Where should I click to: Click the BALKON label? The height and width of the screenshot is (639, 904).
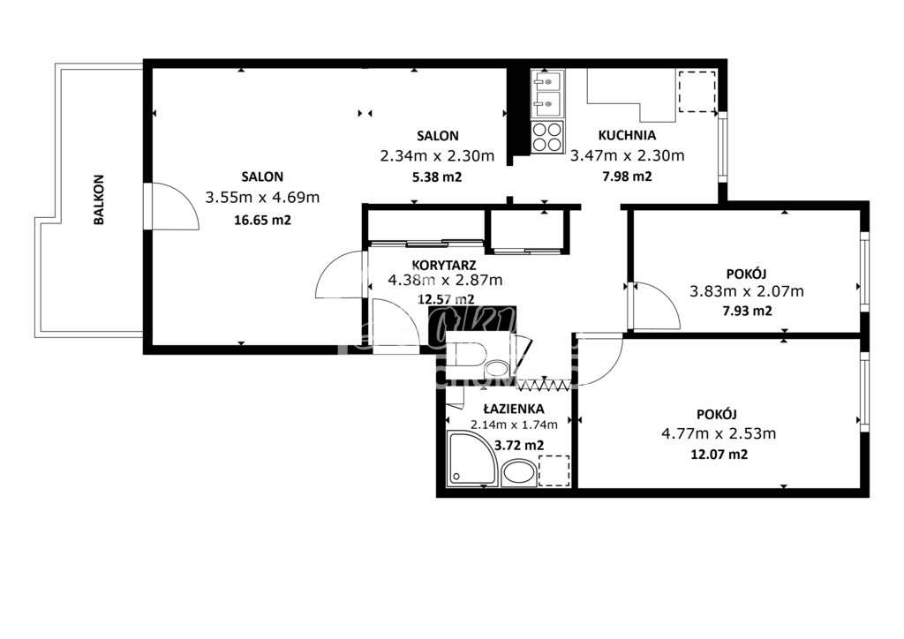100,199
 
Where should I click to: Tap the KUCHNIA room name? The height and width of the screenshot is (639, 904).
627,136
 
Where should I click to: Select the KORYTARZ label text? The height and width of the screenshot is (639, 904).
445,264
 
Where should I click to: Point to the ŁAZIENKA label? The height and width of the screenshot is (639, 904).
514,410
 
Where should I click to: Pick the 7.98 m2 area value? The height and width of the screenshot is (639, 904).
626,177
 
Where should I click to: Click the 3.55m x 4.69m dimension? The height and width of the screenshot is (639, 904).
261,198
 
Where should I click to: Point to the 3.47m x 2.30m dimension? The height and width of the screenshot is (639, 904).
627,156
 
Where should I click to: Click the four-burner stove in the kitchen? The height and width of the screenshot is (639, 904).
547,137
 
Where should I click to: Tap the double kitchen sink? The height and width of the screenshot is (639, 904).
547,95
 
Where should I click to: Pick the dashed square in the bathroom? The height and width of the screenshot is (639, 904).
554,470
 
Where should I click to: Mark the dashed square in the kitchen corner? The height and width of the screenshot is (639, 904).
697,92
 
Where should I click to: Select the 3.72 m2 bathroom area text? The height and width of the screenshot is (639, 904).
519,445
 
